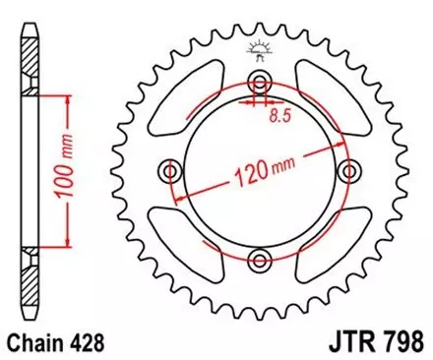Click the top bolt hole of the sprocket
coord(260,82)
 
